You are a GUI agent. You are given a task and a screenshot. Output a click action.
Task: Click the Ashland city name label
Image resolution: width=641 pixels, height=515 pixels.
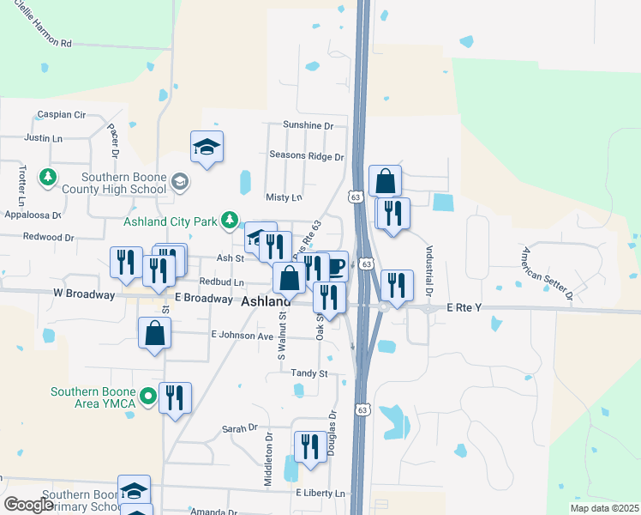[266, 301]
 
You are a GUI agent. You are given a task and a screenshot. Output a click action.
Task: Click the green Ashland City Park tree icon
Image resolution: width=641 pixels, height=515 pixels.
[230, 221]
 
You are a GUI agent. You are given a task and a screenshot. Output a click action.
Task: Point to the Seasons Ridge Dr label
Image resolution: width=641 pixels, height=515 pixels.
[306, 156]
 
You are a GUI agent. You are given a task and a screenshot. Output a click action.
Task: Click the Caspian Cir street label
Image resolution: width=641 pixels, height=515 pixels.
[63, 114]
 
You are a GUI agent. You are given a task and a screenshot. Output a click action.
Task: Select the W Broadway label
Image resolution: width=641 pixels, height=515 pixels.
[84, 294]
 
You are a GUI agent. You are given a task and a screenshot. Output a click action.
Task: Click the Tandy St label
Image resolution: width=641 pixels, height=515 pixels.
[309, 373]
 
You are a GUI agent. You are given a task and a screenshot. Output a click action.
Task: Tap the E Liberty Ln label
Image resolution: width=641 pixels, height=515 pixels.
[320, 494]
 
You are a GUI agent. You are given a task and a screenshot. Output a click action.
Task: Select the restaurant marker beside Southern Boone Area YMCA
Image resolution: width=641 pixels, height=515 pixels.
[176, 397]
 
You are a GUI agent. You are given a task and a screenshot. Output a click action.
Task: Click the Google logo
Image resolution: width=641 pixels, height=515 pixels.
[28, 505]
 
